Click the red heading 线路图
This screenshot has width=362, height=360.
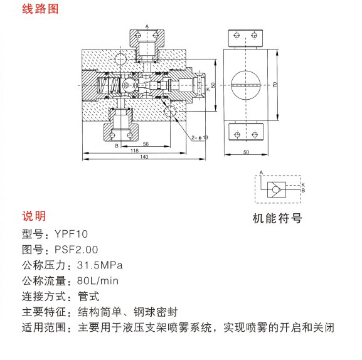click(40, 9)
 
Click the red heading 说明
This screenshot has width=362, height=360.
click(34, 216)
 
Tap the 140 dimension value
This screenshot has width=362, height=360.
click(144, 157)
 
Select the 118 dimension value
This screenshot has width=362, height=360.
click(134, 151)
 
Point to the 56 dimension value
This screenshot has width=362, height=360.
click(146, 144)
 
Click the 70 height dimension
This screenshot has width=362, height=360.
click(275, 85)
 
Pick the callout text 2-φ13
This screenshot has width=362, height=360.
click(200, 137)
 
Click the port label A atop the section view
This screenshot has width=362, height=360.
click(147, 26)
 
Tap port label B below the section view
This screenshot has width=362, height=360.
click(117, 146)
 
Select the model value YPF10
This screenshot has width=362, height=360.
click(71, 234)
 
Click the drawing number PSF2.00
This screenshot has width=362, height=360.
click(76, 250)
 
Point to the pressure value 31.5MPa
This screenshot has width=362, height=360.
click(100, 265)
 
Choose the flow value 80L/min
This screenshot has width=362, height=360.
click(98, 281)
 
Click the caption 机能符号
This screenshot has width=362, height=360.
click(277, 218)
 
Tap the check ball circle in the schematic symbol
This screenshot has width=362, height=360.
click(275, 189)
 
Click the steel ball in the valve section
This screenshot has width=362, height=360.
click(128, 85)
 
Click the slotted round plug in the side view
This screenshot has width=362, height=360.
click(245, 85)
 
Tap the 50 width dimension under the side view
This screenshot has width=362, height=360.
click(246, 152)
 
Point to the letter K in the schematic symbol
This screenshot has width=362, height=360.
click(303, 185)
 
